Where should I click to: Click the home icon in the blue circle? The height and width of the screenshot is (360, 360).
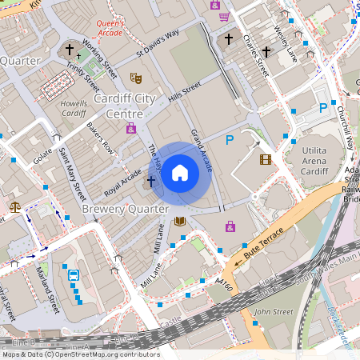180,173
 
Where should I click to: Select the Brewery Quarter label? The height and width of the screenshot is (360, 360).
126,209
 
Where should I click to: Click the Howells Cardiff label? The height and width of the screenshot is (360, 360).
73,107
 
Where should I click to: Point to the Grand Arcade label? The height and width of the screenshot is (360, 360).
201,149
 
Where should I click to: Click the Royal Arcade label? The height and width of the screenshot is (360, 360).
123,182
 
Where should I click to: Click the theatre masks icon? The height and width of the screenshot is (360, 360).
137,78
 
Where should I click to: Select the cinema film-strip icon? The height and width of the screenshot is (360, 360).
265,159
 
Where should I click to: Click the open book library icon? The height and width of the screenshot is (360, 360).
180,221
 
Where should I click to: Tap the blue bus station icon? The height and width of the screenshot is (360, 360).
74,275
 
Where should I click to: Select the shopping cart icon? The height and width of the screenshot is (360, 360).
224,16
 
